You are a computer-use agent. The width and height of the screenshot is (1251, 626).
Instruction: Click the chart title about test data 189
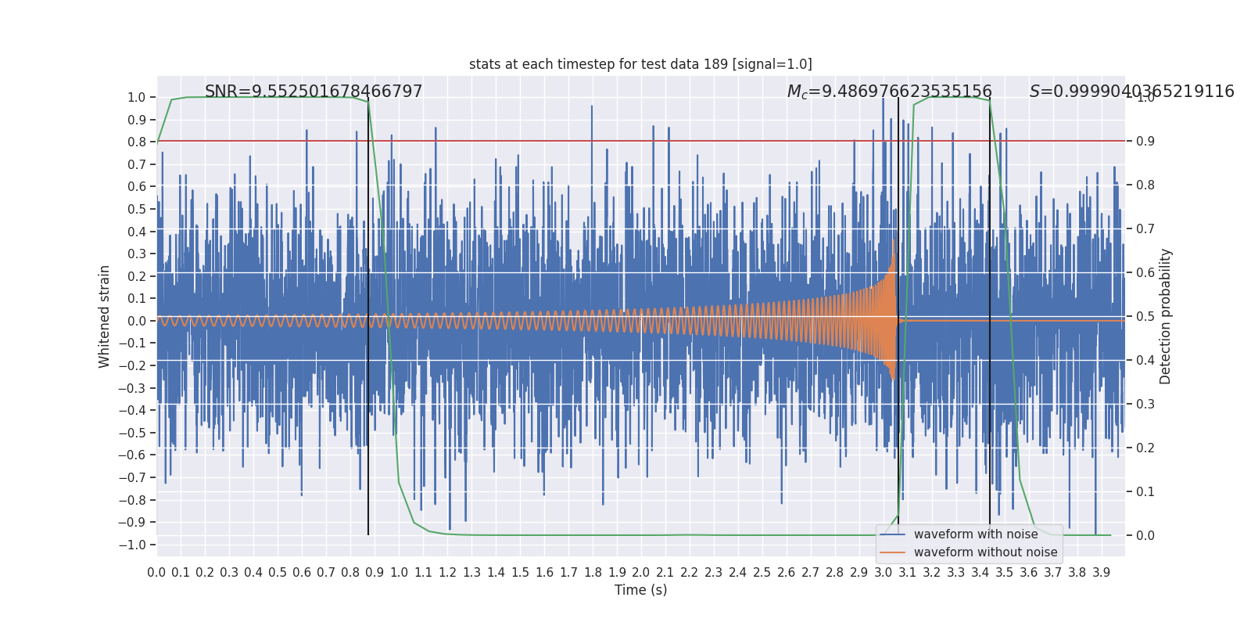(640, 64)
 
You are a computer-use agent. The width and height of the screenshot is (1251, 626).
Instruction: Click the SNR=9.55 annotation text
(314, 92)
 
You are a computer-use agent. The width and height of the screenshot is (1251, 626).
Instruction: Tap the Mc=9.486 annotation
(889, 92)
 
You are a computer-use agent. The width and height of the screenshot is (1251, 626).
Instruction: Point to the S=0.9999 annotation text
(1131, 92)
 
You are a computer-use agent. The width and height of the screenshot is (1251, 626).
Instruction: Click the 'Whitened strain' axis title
(105, 316)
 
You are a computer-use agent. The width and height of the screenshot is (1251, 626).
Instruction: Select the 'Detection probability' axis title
(1166, 316)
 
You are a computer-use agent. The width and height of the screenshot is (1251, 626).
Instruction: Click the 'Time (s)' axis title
(640, 590)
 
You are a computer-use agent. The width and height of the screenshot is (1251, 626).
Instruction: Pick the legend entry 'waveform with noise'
(976, 534)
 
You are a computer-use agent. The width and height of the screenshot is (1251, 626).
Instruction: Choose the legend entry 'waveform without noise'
(985, 552)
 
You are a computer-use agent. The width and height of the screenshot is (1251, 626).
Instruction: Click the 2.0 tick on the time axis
(641, 573)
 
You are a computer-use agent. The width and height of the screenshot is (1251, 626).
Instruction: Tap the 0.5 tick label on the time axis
(278, 573)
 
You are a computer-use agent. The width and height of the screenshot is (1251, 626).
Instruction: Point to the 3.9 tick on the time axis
(1101, 573)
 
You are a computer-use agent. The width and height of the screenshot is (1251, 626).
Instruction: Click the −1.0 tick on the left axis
(136, 545)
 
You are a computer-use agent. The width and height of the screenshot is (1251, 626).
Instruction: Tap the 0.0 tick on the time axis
(156, 573)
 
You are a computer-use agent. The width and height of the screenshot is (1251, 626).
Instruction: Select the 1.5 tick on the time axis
(520, 573)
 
